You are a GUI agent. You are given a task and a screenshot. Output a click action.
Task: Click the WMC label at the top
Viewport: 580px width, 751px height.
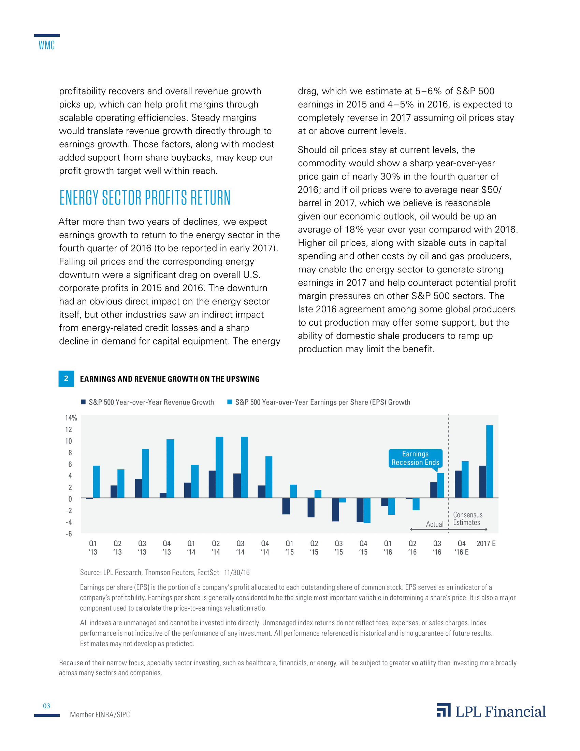(47, 45)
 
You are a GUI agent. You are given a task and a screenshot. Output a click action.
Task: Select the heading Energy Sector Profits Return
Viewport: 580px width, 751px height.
(145, 198)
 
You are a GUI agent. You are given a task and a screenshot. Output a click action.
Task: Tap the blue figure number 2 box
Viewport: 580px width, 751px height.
(66, 379)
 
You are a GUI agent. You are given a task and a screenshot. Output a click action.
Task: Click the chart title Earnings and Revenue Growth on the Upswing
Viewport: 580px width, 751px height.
(170, 379)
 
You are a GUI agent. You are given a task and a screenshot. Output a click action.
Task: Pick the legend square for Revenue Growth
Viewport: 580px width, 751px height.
(83, 402)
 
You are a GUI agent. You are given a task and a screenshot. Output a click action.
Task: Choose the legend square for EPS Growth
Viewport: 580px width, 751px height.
(230, 402)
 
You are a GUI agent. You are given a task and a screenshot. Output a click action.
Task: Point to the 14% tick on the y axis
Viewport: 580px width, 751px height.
(71, 418)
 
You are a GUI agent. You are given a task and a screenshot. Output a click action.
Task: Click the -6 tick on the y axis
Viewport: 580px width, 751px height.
(69, 534)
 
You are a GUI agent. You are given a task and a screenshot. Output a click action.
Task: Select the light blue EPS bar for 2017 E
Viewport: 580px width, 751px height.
(490, 462)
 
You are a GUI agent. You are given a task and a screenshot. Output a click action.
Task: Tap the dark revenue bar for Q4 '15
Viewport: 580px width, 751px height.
(360, 510)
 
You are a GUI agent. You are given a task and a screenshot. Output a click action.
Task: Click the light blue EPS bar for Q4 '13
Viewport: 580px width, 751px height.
(171, 468)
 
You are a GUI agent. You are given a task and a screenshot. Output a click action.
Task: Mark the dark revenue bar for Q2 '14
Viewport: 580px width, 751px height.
(212, 484)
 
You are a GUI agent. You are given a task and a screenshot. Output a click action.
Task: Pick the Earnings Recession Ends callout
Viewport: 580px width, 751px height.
(416, 458)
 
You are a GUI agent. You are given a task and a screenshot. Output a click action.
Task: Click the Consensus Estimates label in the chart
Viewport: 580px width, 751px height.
(468, 519)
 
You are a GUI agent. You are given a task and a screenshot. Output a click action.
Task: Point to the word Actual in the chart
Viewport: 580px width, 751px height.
(435, 524)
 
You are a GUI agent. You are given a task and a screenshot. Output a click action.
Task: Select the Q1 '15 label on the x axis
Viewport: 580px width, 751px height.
(290, 548)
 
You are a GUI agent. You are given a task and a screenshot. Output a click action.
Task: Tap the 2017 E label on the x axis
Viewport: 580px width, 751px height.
(486, 544)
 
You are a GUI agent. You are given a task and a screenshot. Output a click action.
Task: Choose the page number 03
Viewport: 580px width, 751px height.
(46, 706)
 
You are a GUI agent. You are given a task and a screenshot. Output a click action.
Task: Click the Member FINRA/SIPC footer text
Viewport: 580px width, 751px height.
(100, 714)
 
